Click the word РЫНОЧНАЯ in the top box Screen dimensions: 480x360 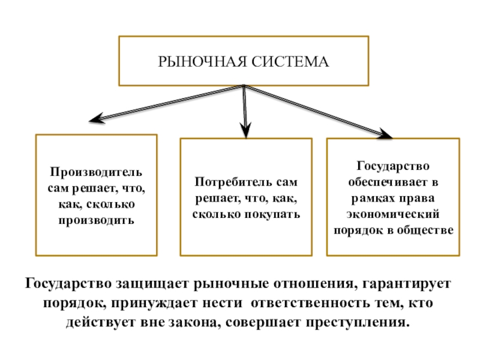pyautogui.click(x=202, y=62)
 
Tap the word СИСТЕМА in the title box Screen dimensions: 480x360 pyautogui.click(x=290, y=62)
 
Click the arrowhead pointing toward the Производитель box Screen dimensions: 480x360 pyautogui.click(x=97, y=118)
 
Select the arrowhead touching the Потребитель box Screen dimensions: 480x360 pyautogui.click(x=246, y=130)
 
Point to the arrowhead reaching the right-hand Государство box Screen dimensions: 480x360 pyautogui.click(x=385, y=133)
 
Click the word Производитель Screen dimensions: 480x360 pyautogui.click(x=96, y=172)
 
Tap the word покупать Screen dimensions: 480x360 pyautogui.click(x=272, y=214)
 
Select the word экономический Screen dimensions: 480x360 pyautogui.click(x=393, y=214)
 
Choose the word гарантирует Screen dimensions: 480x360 pyautogui.click(x=407, y=284)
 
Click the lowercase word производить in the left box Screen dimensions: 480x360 pyautogui.click(x=97, y=220)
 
